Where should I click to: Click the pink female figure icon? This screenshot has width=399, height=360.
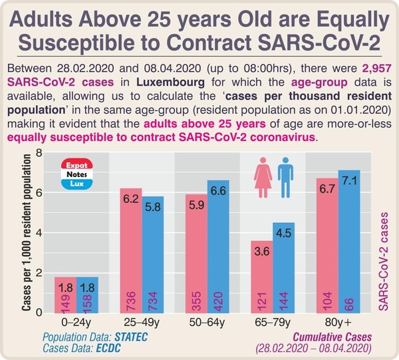(x=263, y=178)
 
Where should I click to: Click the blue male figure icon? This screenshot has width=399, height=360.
(x=285, y=178)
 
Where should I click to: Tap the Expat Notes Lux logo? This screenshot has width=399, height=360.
(x=77, y=174)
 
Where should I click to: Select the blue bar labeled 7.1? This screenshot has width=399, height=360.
(x=349, y=242)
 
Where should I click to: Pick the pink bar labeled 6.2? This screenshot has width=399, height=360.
(x=131, y=250)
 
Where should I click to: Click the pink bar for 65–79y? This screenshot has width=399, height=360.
(x=262, y=277)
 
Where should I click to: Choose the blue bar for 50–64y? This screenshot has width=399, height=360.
(x=218, y=246)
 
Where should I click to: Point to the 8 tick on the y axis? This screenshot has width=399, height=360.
(x=39, y=153)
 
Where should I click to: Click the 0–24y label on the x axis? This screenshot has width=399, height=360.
(x=76, y=323)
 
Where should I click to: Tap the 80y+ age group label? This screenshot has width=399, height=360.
(x=338, y=323)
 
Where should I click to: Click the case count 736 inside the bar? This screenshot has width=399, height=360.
(x=131, y=301)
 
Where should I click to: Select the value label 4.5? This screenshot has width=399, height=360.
(x=283, y=233)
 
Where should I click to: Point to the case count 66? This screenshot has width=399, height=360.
(x=349, y=304)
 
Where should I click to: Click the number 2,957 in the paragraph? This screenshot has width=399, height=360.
(x=376, y=69)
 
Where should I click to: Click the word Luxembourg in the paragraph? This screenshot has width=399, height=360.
(x=170, y=83)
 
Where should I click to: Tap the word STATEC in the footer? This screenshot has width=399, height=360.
(x=131, y=337)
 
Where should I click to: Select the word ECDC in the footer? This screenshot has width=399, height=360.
(x=108, y=348)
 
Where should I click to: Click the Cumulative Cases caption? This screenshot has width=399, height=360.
(x=332, y=337)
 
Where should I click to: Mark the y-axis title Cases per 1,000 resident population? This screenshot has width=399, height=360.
(x=26, y=232)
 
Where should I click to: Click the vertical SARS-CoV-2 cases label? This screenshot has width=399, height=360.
(x=383, y=262)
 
